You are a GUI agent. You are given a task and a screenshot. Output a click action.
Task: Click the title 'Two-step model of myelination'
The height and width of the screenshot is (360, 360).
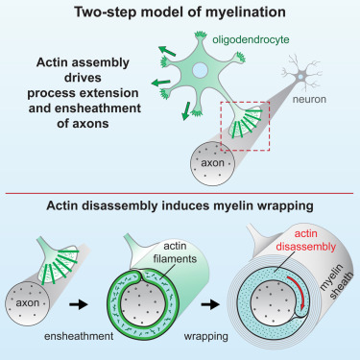coord(180,13)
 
